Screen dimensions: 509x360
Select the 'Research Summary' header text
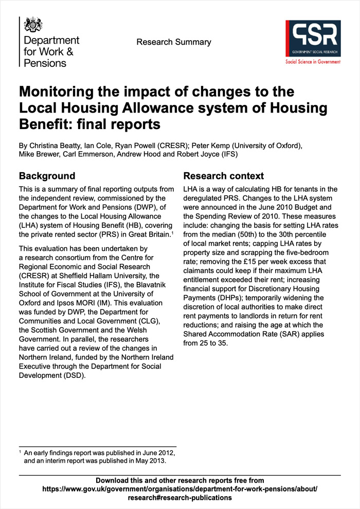click(174, 42)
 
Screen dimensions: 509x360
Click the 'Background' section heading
click(47, 176)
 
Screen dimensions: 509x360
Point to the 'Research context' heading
click(224, 176)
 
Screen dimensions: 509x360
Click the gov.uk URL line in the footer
click(179, 489)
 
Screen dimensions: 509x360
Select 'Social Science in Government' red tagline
click(313, 61)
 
